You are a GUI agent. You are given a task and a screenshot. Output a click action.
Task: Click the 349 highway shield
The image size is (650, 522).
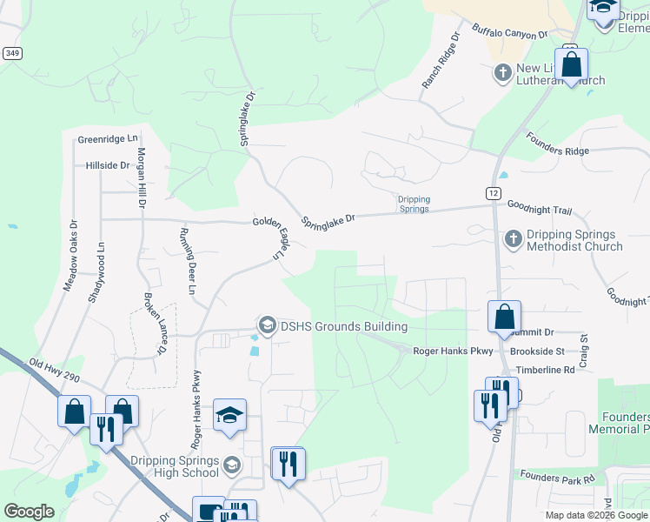coord(12,53)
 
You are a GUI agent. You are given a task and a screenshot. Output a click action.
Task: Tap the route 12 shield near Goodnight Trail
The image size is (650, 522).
coord(492,192)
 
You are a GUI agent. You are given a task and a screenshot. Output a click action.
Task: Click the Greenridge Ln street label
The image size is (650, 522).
coord(108,138)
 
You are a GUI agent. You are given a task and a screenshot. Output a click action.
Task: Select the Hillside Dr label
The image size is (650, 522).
coord(108,164)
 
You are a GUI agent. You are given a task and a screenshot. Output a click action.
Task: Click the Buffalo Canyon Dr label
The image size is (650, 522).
coord(510,32)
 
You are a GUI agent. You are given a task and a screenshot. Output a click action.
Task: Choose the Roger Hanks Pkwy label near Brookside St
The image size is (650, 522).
coord(453,351)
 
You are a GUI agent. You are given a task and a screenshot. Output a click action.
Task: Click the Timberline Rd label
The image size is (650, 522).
coord(546,370)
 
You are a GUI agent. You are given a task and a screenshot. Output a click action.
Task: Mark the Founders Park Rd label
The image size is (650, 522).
coord(557,476)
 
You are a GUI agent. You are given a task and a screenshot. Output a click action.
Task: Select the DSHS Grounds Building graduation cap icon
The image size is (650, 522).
coord(267,326)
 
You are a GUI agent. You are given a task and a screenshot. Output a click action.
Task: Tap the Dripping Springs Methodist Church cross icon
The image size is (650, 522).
coord(513,238)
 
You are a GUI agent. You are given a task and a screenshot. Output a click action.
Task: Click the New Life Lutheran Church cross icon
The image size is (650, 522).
coord(502,72)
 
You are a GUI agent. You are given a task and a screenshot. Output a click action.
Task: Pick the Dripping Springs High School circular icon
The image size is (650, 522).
coord(230,465)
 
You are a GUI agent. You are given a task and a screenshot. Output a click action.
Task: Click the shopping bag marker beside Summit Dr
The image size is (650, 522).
coord(504,318)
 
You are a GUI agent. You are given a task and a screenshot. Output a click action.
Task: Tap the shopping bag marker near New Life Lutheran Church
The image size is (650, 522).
coord(571,65)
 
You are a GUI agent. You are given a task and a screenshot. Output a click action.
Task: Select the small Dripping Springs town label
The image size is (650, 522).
coord(414,204)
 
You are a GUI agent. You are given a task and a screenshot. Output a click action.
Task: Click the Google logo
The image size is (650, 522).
coord(29,511)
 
